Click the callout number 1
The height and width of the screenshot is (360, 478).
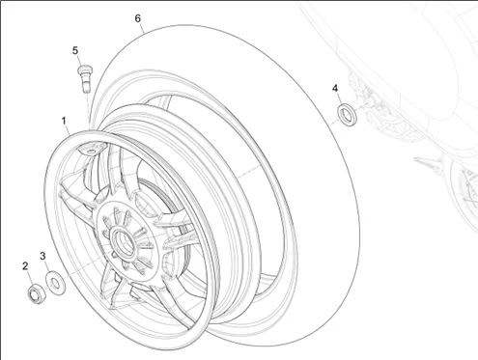pos(64,122)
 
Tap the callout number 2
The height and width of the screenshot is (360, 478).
pos(26,265)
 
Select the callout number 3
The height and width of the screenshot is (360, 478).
pos(42,256)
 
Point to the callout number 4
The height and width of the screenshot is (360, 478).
pos(335,89)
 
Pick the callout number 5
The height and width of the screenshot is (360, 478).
pos(74,50)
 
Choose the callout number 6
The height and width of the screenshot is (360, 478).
pos(138,18)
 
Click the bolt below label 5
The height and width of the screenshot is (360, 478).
pos(82,77)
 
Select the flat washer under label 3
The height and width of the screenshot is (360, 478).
pos(56,282)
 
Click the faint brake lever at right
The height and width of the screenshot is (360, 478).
pos(430,158)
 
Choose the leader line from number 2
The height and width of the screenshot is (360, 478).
pos(29,277)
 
